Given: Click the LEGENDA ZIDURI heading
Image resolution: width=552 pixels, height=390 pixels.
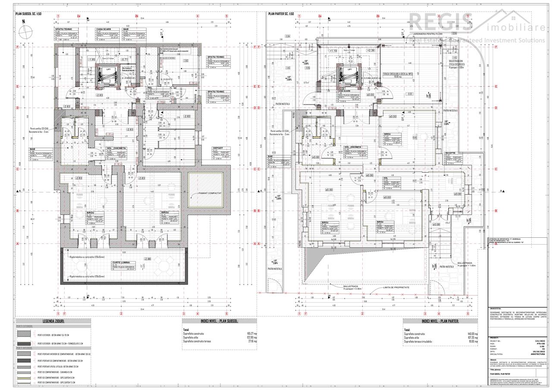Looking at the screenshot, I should (53, 321).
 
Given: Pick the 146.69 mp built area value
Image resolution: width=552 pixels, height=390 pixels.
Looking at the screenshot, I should (473, 333).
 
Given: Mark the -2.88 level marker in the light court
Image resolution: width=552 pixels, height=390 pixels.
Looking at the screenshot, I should (147, 259).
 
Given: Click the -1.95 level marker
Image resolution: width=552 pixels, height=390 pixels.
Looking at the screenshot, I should (91, 60).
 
